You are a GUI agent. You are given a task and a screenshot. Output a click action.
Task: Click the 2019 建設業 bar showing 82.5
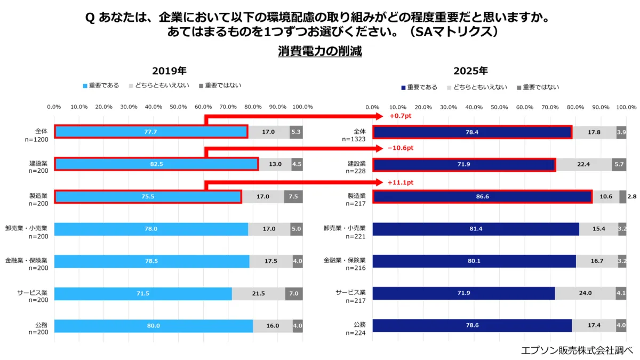156,164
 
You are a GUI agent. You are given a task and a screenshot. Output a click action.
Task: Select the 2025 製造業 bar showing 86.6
482,197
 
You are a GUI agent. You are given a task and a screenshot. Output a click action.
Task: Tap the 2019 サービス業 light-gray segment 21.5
258,294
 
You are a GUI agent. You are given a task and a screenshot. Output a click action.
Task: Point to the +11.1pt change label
401,182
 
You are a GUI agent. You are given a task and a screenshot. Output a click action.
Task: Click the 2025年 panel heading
470,71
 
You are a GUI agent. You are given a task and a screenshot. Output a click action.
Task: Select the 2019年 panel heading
169,71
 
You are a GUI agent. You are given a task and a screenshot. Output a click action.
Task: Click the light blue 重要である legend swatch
85,85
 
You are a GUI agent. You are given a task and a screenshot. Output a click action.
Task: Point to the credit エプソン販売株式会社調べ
577,350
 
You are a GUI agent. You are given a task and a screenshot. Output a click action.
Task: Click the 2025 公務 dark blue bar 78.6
472,326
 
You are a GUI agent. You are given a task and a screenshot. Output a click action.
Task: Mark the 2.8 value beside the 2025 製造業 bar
632,197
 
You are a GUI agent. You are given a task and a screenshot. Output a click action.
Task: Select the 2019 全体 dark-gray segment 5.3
296,132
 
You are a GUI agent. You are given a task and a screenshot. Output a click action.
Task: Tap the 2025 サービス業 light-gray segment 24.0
585,293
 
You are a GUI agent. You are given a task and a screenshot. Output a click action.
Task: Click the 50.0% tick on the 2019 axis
179,107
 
